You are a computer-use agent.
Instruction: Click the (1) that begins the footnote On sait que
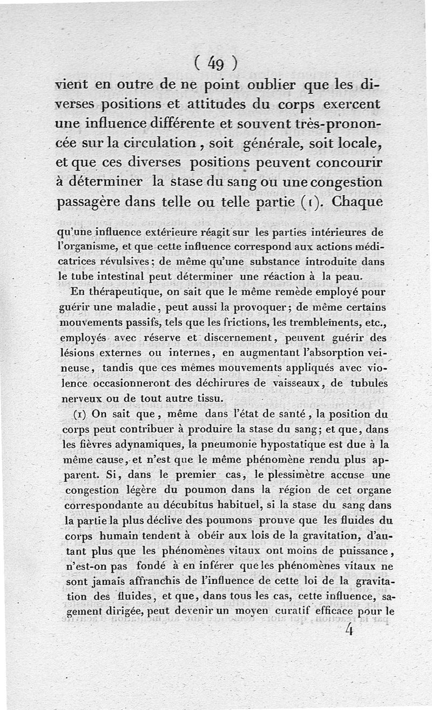tap(80, 414)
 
